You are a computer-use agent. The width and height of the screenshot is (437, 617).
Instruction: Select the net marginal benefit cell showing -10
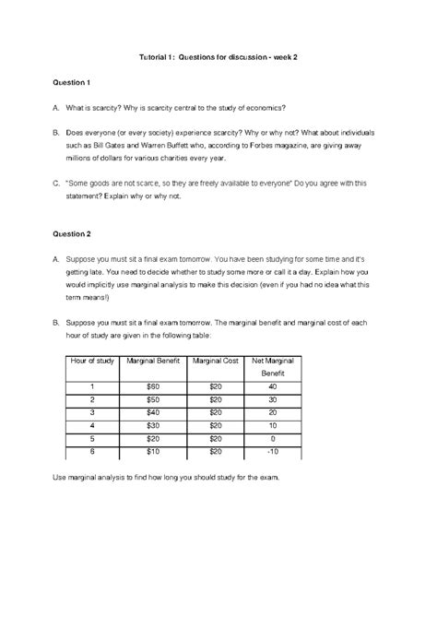pyautogui.click(x=273, y=452)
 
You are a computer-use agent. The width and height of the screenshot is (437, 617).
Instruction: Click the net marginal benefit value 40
pyautogui.click(x=273, y=386)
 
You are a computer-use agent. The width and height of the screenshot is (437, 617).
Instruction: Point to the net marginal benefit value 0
pyautogui.click(x=273, y=439)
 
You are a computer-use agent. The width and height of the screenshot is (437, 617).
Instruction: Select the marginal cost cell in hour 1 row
pyautogui.click(x=215, y=386)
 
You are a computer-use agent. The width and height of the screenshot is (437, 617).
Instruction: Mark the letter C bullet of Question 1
pyautogui.click(x=57, y=184)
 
